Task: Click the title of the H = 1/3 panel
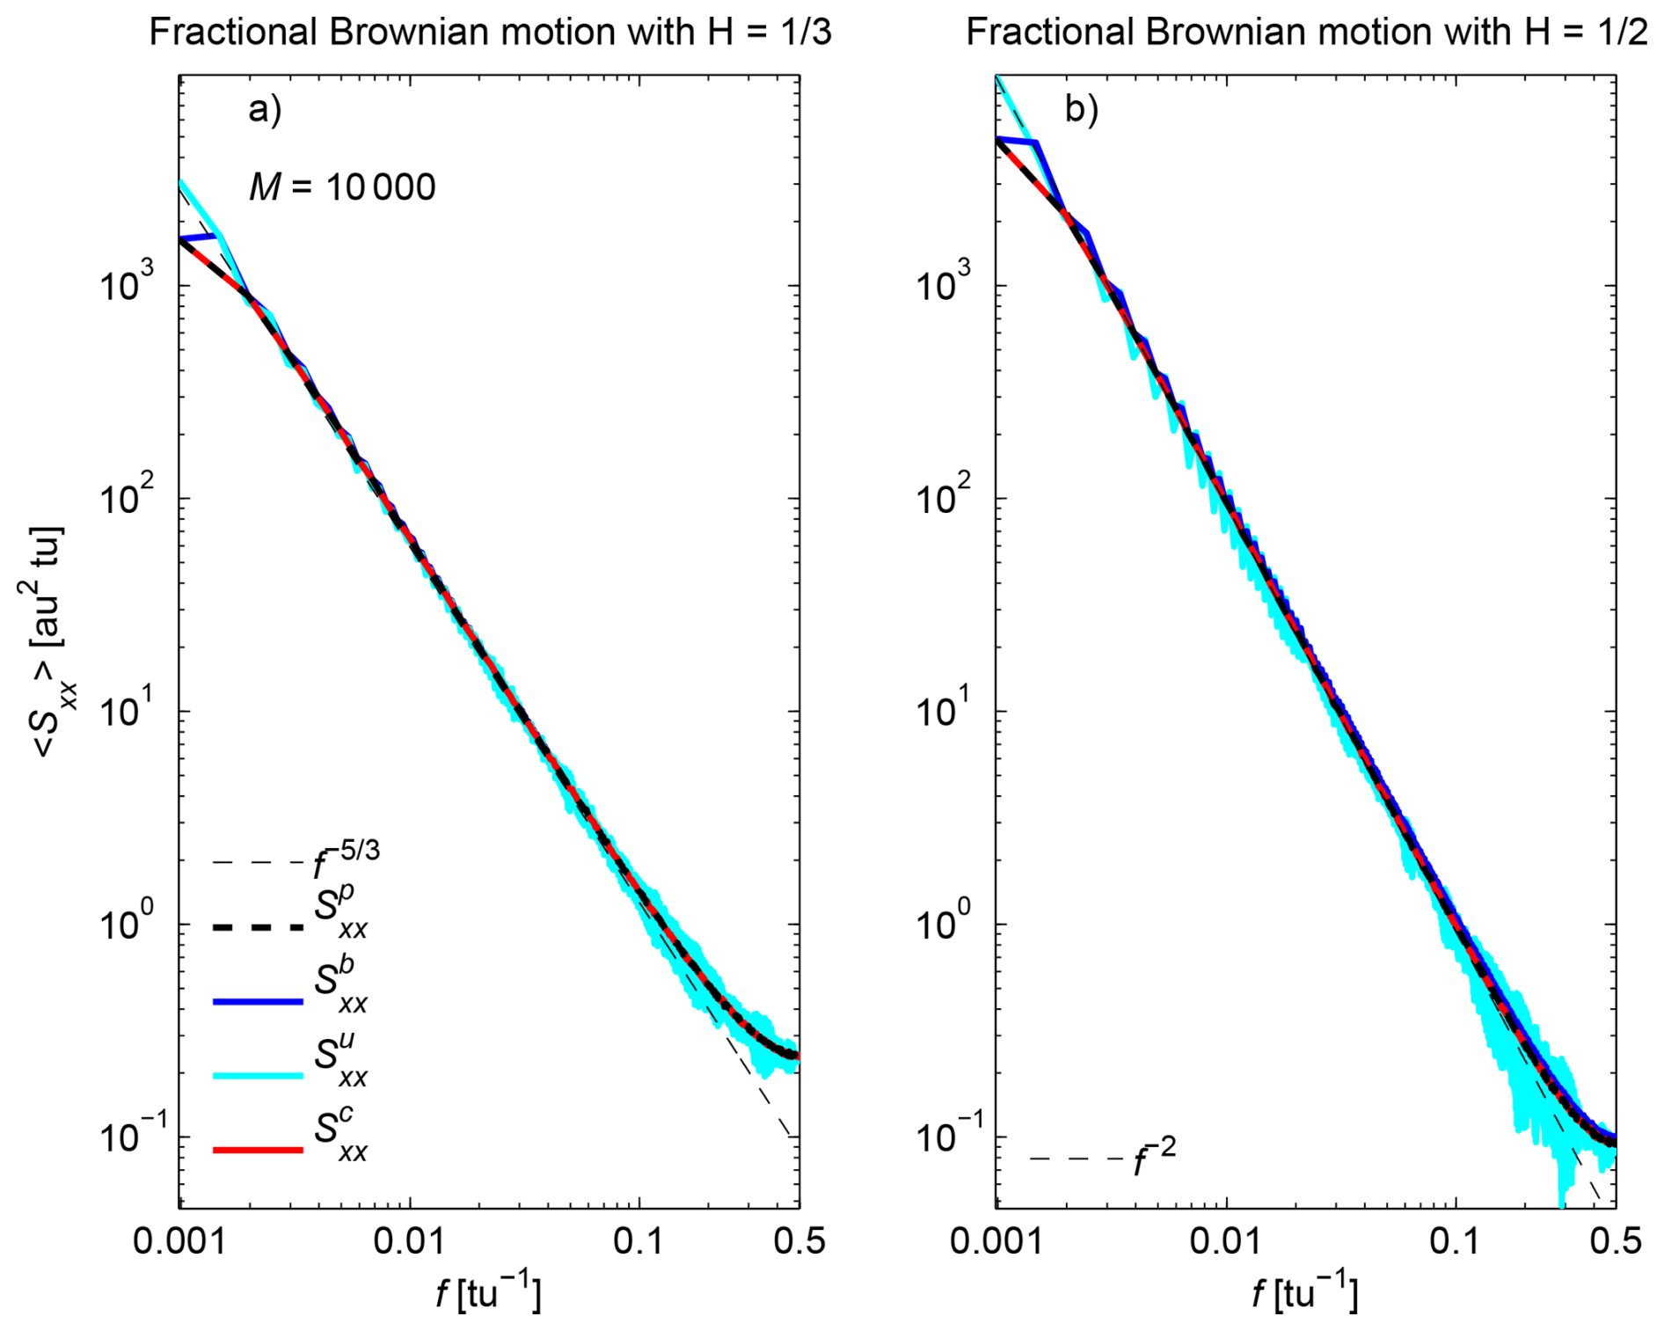click(490, 33)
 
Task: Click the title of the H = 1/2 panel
click(1306, 33)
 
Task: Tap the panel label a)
click(265, 110)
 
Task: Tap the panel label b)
click(1082, 110)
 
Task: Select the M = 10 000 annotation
click(342, 187)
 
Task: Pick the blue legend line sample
click(258, 1001)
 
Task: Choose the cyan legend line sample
click(258, 1075)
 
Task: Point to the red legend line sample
click(258, 1149)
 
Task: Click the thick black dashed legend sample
click(258, 927)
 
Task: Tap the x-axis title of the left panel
click(489, 1292)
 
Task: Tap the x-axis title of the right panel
click(1305, 1292)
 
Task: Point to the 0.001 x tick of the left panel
click(179, 1241)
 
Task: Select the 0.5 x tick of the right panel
click(1616, 1241)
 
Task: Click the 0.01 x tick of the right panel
click(1226, 1241)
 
